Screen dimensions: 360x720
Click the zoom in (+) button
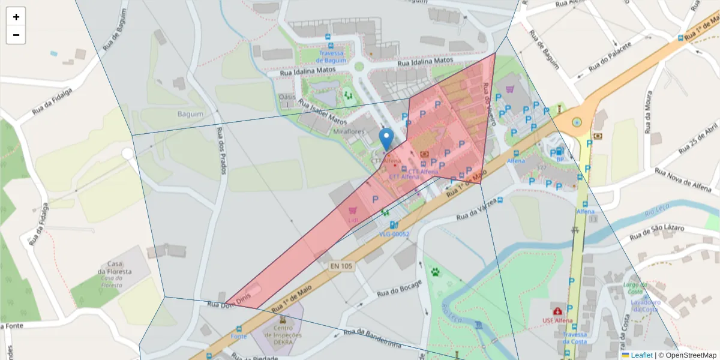click(16, 17)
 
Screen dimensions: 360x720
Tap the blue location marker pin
click(387, 139)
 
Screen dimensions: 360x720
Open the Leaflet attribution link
click(641, 355)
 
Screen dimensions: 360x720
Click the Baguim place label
click(191, 113)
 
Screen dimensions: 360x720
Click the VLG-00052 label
click(394, 235)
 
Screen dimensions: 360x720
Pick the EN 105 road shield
click(341, 265)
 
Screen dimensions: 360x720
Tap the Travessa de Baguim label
click(332, 56)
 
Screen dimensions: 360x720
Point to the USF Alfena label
click(557, 321)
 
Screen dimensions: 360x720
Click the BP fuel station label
click(559, 160)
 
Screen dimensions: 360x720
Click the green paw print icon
click(435, 272)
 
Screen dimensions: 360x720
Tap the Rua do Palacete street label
click(609, 59)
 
